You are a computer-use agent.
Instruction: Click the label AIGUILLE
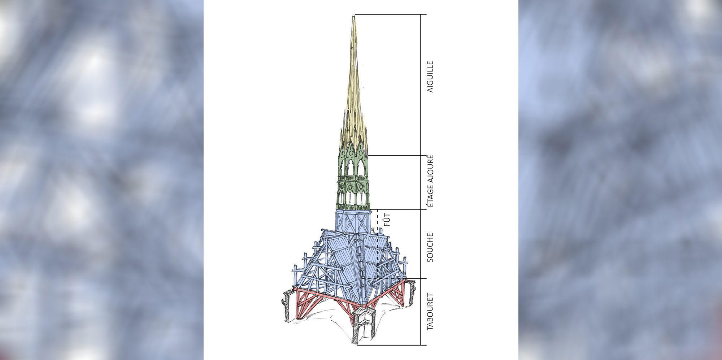(430, 77)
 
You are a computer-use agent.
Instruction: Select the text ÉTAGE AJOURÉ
(430, 181)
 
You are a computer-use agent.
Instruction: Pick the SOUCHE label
(430, 247)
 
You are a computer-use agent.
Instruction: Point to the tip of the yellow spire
(354, 17)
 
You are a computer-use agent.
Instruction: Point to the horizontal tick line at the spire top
(390, 14)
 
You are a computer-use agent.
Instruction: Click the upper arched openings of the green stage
(353, 167)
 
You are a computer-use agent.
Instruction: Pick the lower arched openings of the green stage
(353, 198)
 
